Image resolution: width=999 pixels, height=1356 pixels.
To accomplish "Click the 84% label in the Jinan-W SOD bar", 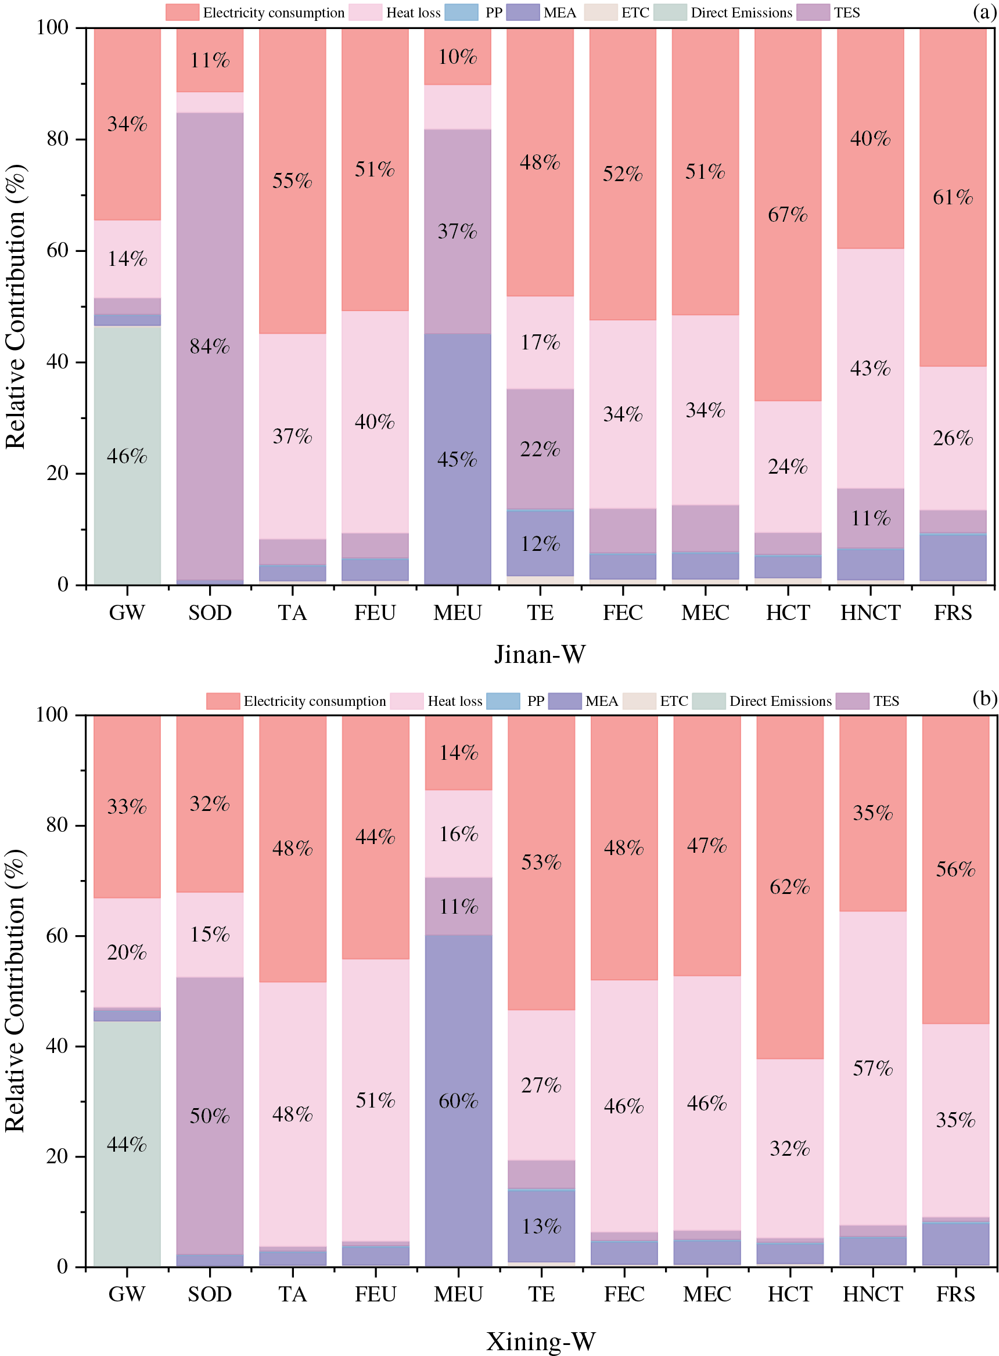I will coord(210,346).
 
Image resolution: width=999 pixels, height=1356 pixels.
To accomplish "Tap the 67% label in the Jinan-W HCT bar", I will coord(788,215).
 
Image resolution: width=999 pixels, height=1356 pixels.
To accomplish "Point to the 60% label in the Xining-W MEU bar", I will coord(458,1101).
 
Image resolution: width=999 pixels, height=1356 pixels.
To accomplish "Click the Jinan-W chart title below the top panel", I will coord(540,654).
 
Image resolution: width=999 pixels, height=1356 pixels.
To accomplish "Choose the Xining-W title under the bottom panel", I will coord(541,1341).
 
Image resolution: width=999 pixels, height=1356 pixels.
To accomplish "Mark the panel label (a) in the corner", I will coord(984,12).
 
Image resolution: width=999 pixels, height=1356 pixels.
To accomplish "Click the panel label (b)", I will coord(984,698).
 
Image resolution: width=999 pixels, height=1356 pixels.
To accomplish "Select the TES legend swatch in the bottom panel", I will coord(853,701).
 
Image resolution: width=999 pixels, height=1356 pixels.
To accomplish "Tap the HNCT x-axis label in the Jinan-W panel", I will coord(870,613).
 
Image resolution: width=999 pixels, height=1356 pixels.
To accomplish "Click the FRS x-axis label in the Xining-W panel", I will coord(955,1294).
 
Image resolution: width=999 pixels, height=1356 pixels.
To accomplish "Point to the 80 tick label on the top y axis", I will coord(57,139).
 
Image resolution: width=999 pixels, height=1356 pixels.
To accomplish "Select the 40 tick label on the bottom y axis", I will coord(57,1046).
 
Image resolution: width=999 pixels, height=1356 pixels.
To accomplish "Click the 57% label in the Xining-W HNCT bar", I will coord(872,1068).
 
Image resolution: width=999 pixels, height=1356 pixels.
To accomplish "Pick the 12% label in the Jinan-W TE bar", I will coord(540,544).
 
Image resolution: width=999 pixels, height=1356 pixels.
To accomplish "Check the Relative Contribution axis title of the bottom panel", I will coord(15,991).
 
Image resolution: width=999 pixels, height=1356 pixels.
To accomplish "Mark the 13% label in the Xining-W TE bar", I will coord(541,1226).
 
